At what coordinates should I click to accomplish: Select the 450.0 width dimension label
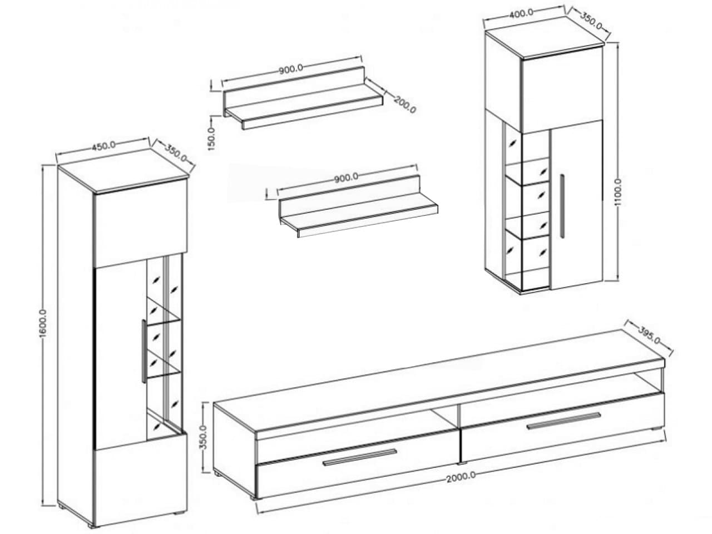(103, 145)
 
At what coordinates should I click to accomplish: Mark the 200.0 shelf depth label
(405, 105)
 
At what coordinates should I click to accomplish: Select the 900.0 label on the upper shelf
(290, 69)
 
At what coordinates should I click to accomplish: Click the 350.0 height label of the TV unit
(203, 437)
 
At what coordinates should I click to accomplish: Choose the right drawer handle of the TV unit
(563, 422)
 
